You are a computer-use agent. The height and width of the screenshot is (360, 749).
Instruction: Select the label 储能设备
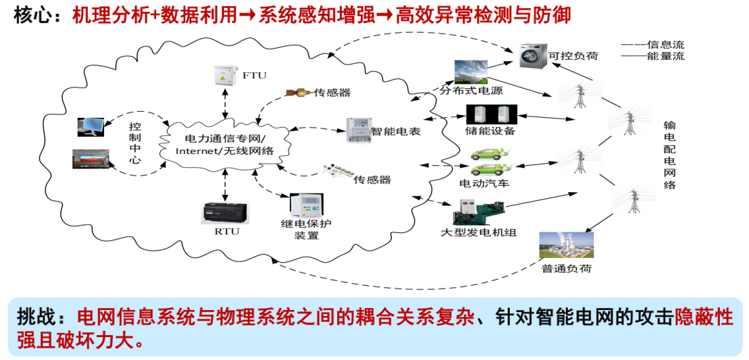point(490,131)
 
